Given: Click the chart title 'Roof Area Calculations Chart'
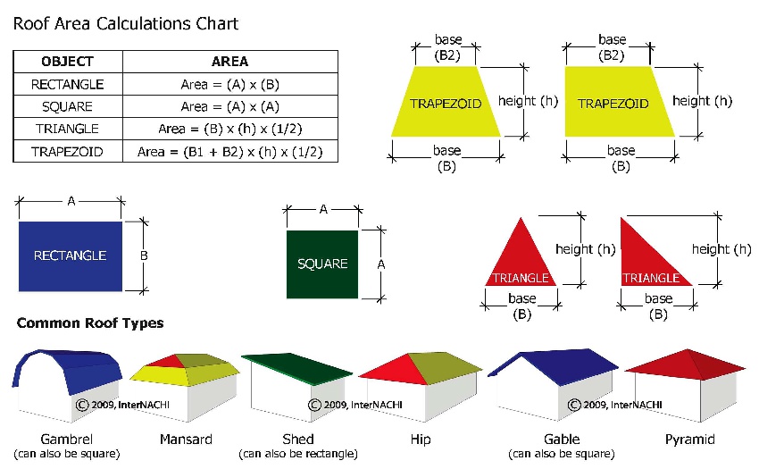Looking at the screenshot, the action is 126,24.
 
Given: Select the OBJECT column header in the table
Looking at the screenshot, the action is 67,62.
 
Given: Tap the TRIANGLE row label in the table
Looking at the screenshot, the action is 67,129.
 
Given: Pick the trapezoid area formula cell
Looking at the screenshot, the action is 229,152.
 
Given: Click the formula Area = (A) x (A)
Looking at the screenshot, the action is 229,106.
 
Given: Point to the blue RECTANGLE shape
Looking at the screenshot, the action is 71,256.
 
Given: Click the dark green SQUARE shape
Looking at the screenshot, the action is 322,264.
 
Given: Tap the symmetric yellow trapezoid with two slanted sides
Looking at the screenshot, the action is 446,102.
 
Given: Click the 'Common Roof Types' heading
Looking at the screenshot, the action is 90,323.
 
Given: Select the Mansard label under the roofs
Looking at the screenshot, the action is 186,440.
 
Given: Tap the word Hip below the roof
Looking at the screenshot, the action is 421,440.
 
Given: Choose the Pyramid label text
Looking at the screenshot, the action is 689,440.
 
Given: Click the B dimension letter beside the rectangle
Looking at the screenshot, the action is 144,255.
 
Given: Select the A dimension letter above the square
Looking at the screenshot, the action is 323,209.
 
